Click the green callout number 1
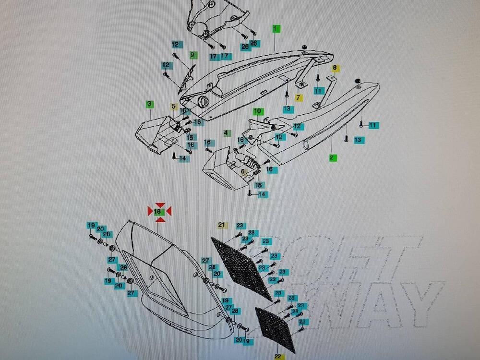tap(275, 29)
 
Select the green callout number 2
tap(331, 157)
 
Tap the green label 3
tap(149, 103)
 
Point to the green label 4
tap(226, 132)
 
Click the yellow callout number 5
tap(174, 106)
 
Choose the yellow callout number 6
tap(243, 171)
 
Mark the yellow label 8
tap(335, 68)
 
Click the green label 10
tap(258, 111)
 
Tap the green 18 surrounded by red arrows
tap(159, 211)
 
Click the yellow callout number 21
tap(221, 225)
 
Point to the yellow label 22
tap(278, 357)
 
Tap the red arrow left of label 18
tap(150, 211)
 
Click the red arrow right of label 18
tap(168, 211)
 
